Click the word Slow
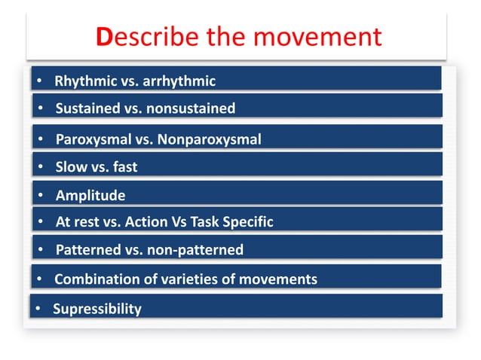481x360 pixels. pyautogui.click(x=71, y=167)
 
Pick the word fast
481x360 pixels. pyautogui.click(x=124, y=167)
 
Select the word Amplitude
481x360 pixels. pyautogui.click(x=90, y=196)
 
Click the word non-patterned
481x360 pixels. pyautogui.click(x=197, y=250)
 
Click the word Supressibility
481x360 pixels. pyautogui.click(x=97, y=309)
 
